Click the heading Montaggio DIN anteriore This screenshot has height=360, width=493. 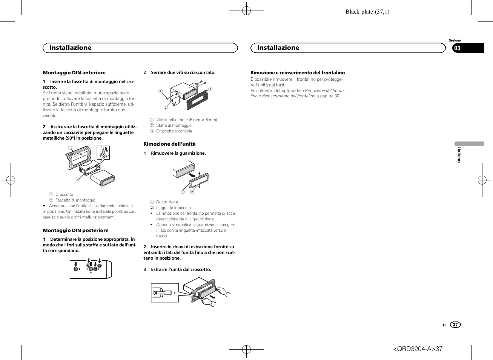(74, 73)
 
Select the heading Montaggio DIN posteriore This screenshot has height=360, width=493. (75, 231)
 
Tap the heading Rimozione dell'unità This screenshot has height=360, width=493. (169, 144)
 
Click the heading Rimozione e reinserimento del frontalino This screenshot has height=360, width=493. (298, 73)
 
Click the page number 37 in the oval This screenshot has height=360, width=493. (455, 325)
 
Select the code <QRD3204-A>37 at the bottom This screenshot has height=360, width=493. (418, 349)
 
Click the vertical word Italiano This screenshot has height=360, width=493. (459, 155)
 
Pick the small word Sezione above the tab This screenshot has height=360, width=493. (455, 40)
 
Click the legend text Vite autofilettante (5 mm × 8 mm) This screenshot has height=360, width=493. (186, 120)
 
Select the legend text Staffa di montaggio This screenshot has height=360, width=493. (174, 126)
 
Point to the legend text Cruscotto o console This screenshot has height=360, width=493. (174, 131)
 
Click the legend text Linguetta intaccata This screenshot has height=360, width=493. (173, 208)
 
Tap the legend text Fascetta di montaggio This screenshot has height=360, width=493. (75, 200)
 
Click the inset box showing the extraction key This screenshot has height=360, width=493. (165, 293)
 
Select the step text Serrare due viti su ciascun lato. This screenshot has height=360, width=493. (183, 72)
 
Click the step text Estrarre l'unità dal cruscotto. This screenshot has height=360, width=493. (181, 270)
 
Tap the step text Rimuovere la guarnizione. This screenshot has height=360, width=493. (178, 154)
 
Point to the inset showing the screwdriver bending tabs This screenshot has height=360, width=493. (103, 152)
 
